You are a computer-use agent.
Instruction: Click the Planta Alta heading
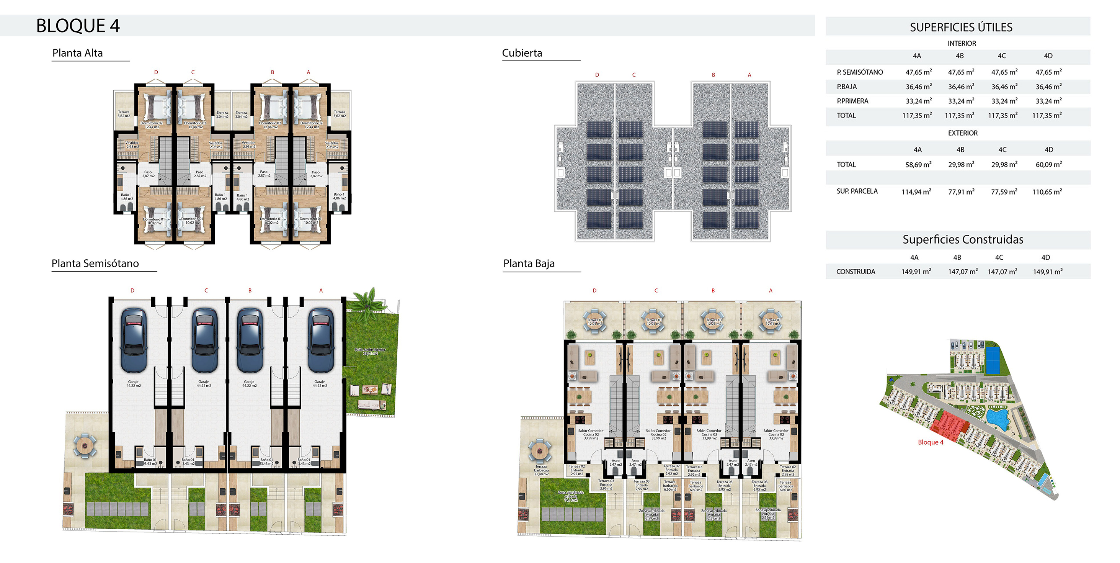[x=77, y=53]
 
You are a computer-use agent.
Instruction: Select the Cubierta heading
[x=522, y=53]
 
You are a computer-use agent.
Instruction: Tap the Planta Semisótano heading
[x=95, y=263]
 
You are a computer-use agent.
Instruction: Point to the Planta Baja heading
[x=528, y=263]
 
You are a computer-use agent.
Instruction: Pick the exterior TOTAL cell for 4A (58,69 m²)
[x=918, y=164]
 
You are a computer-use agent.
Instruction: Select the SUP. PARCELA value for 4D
[x=1047, y=191]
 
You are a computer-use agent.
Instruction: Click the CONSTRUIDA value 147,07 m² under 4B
[x=963, y=272]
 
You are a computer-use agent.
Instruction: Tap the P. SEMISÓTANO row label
[x=860, y=72]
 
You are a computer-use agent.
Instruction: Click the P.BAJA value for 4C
[x=1004, y=87]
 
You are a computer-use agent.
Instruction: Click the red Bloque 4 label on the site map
[x=931, y=442]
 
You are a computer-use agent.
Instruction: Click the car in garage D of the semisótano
[x=134, y=340]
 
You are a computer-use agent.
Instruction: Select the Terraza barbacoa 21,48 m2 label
[x=541, y=470]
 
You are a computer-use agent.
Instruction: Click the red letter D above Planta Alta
[x=156, y=72]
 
